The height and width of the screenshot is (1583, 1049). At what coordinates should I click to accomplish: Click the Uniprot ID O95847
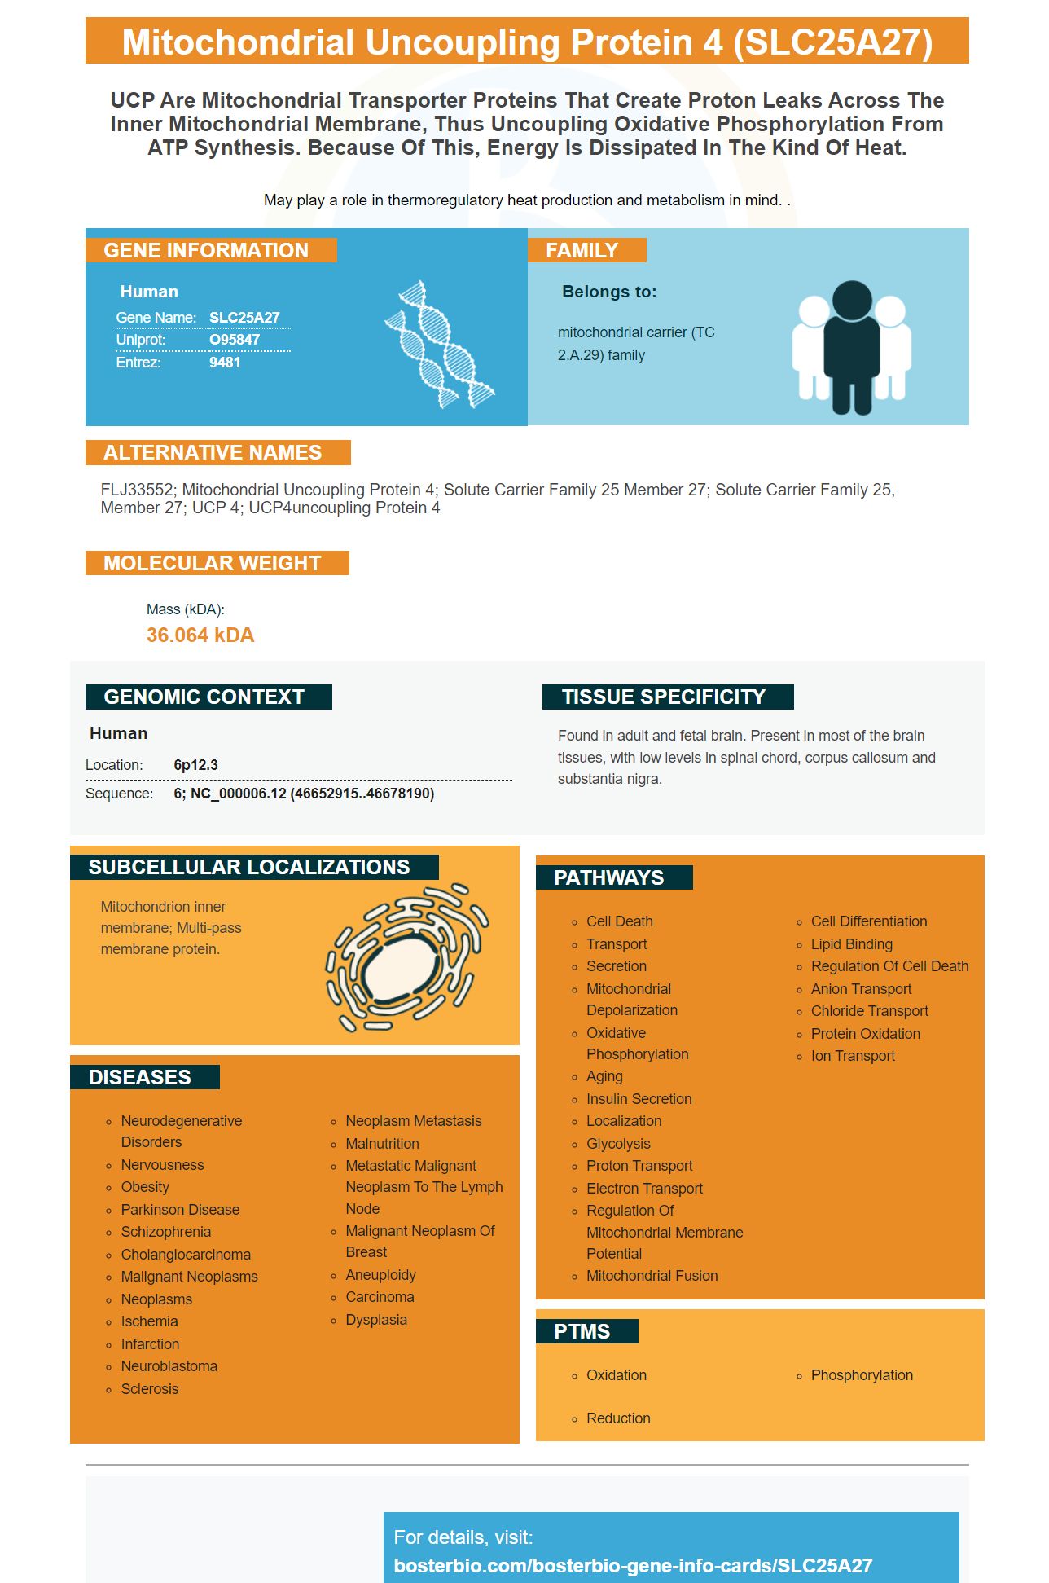[x=235, y=340]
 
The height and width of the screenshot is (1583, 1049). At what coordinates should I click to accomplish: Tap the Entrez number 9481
[x=225, y=363]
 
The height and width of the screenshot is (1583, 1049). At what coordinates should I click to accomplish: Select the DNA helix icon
[x=440, y=345]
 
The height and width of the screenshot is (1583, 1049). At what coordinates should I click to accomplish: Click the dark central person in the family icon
[x=852, y=346]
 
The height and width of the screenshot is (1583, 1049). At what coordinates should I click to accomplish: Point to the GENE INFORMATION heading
[x=206, y=250]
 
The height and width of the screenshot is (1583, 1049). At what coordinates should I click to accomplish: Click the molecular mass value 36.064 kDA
[x=200, y=635]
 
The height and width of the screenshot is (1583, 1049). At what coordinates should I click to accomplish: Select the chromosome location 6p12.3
[x=195, y=765]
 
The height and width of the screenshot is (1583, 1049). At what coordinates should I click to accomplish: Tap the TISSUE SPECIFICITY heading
[x=663, y=697]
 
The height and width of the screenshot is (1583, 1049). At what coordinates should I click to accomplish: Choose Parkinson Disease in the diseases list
[x=180, y=1210]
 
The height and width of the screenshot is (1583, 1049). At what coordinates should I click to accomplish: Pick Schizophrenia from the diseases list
[x=166, y=1232]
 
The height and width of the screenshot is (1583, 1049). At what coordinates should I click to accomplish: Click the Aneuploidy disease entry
[x=380, y=1275]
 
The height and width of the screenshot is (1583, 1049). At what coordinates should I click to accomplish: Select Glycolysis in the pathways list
[x=618, y=1144]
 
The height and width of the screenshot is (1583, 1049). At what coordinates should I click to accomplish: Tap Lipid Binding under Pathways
[x=851, y=944]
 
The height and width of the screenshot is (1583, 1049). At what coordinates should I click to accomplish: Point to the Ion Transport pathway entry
[x=853, y=1056]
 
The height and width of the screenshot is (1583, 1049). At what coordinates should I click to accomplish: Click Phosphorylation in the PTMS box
[x=862, y=1375]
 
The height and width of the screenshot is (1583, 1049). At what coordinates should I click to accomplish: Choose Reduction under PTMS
[x=618, y=1418]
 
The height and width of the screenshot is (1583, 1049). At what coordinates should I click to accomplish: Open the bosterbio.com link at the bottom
[x=633, y=1566]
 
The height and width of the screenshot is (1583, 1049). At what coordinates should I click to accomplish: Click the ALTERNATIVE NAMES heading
[x=213, y=453]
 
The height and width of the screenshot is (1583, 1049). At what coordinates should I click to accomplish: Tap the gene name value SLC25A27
[x=244, y=318]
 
